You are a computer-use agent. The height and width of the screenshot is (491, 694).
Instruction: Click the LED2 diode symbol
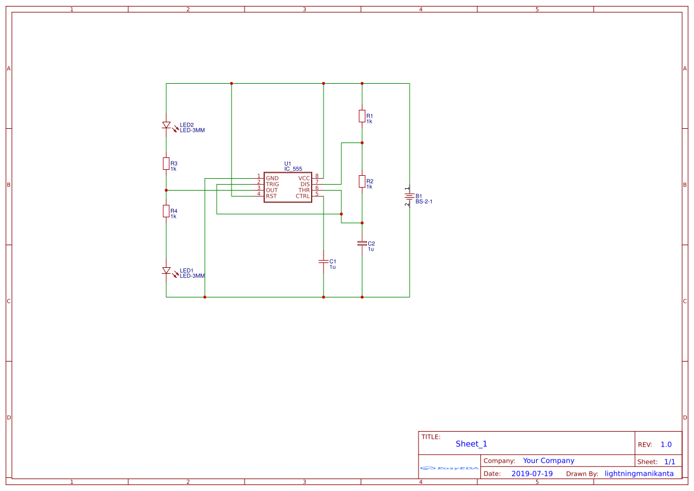click(x=166, y=125)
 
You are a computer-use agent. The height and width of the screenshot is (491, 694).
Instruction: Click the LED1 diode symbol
click(x=166, y=271)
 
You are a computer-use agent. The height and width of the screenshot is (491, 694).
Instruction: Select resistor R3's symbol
click(x=166, y=163)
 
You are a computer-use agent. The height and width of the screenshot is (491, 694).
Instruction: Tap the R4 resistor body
click(x=166, y=211)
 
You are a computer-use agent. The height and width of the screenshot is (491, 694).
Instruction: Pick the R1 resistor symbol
click(x=362, y=116)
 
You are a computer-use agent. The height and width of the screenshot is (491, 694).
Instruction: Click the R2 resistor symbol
click(x=362, y=181)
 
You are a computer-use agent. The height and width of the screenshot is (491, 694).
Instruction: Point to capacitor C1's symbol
click(x=324, y=261)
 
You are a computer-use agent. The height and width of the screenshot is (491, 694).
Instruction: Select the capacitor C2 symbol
click(x=362, y=243)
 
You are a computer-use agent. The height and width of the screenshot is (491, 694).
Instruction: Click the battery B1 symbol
click(x=410, y=196)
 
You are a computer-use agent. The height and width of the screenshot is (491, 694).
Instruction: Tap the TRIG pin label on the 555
click(x=272, y=184)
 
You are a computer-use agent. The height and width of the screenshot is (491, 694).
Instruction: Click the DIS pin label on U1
click(x=305, y=184)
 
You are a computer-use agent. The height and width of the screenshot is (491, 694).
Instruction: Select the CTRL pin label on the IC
click(x=303, y=196)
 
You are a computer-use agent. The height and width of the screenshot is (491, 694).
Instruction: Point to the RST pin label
click(x=271, y=196)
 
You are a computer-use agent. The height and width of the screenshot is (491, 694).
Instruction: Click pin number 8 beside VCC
click(x=317, y=176)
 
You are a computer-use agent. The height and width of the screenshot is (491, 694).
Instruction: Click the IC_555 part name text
click(x=293, y=169)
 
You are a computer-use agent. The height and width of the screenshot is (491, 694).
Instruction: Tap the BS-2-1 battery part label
click(x=424, y=202)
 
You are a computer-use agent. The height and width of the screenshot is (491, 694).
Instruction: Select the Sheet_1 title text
click(x=471, y=444)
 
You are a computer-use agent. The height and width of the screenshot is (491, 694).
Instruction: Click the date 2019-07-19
click(x=532, y=474)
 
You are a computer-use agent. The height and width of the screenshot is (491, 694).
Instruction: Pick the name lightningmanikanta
click(x=639, y=474)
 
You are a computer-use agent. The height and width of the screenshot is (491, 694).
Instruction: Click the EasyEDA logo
click(x=449, y=468)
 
